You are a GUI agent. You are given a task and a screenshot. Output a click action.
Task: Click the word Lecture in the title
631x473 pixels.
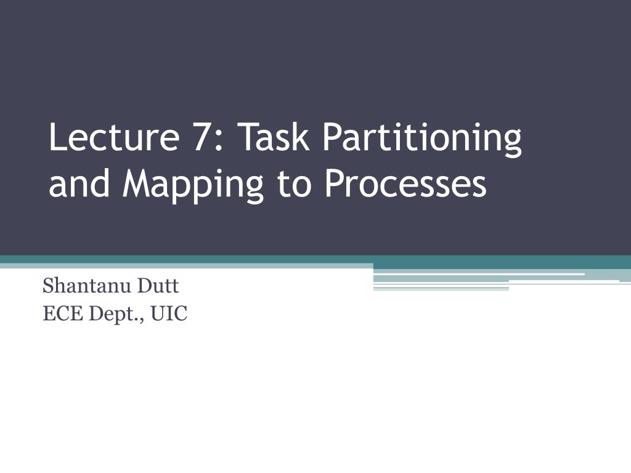click(x=113, y=137)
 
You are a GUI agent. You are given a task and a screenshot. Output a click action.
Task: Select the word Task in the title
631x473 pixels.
click(x=273, y=137)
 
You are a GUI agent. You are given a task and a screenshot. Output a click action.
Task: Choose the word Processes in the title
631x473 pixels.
click(x=405, y=183)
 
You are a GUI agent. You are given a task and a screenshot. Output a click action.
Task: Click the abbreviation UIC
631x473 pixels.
click(x=171, y=314)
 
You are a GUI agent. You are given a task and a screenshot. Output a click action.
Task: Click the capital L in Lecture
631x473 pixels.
click(x=57, y=137)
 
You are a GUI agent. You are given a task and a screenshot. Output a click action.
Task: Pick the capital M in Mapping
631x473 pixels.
click(x=137, y=183)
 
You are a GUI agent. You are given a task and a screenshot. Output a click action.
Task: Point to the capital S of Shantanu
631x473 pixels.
click(x=48, y=286)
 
